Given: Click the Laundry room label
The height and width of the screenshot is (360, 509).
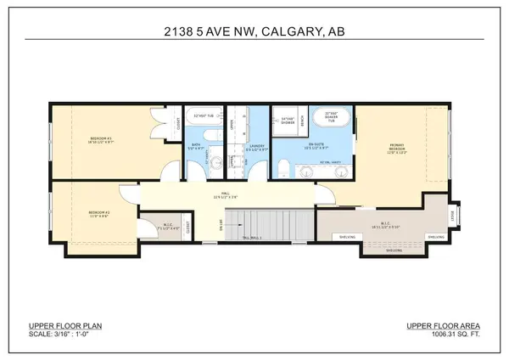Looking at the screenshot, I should pos(257,149).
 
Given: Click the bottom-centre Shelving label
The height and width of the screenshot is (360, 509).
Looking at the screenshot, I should pos(394,250).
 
